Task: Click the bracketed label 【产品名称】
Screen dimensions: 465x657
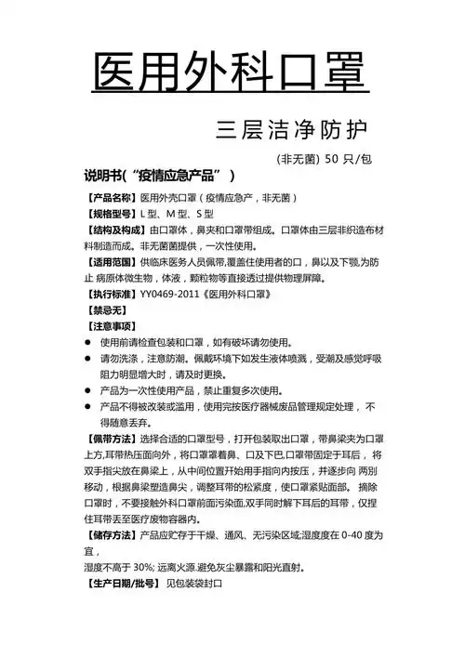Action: click(111, 198)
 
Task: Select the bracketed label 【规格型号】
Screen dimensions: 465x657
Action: click(111, 215)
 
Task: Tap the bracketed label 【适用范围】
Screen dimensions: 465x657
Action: click(111, 265)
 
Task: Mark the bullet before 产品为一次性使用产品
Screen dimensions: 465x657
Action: click(88, 391)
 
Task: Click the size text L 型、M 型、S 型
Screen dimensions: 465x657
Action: click(177, 215)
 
